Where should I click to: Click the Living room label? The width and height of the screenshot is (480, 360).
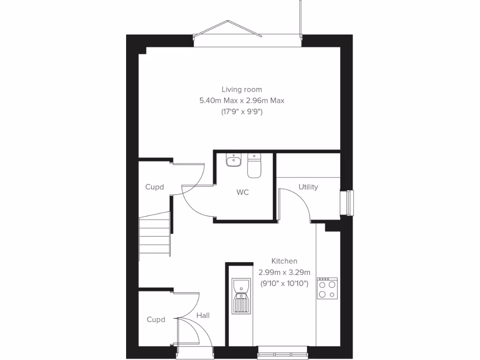[242, 89]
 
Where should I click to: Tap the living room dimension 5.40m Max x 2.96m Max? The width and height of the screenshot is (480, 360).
[242, 100]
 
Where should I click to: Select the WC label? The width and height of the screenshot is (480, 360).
[242, 192]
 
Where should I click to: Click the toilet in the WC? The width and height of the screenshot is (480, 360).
[254, 166]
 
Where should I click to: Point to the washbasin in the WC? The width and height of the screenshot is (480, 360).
[233, 161]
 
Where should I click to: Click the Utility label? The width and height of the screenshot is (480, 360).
[308, 187]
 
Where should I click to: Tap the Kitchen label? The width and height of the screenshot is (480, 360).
[284, 261]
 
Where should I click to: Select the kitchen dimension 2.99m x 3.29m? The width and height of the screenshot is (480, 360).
[284, 272]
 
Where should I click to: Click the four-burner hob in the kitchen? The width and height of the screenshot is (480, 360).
[327, 288]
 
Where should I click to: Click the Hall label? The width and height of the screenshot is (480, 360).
[203, 315]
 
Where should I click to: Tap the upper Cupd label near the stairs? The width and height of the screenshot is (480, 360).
[155, 187]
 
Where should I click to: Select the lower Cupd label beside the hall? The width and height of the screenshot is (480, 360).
[156, 320]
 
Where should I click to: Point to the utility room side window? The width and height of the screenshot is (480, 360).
[350, 202]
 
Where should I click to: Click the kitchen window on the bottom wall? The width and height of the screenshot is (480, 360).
[283, 350]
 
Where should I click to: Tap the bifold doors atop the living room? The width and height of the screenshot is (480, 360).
[227, 33]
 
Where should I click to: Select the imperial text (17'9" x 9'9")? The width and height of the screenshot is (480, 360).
[242, 112]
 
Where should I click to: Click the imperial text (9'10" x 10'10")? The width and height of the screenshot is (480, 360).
[284, 283]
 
